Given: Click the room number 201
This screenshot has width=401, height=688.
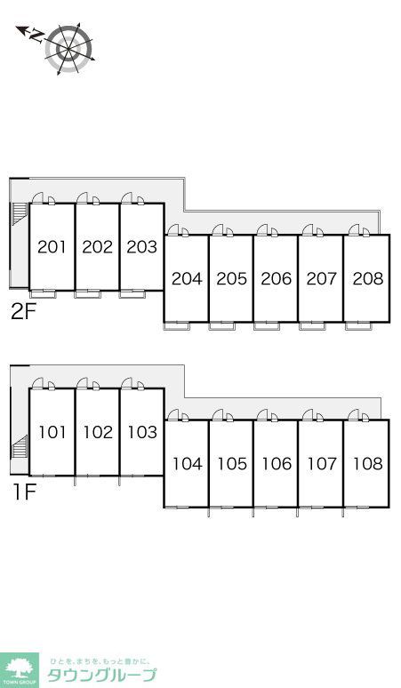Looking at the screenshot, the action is (52, 247).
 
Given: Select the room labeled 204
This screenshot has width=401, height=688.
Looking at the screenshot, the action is (187, 279).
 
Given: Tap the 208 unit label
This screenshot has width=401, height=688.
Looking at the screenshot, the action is (367, 279).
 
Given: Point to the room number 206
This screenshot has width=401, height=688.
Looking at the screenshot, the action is (276, 279).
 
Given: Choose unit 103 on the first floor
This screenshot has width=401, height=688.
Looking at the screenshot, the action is (142, 433).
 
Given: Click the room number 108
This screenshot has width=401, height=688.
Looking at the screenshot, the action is (367, 464).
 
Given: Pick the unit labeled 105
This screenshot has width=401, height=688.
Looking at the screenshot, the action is (232, 464).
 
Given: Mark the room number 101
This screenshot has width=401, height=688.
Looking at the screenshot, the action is (52, 433).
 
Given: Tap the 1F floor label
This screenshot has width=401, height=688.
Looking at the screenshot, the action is (24, 492).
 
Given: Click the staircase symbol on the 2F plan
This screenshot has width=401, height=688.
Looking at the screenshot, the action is (20, 214).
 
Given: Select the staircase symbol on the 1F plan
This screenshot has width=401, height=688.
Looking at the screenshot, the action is (20, 447).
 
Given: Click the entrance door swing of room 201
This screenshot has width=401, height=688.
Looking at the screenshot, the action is (37, 198).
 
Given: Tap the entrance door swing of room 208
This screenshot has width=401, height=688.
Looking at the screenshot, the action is (354, 230).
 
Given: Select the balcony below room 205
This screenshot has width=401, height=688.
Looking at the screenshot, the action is (222, 326).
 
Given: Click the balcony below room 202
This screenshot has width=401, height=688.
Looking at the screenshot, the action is (88, 294).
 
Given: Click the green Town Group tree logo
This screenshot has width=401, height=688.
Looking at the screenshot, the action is (20, 670).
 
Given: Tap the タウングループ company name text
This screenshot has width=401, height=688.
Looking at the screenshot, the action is (101, 676).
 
